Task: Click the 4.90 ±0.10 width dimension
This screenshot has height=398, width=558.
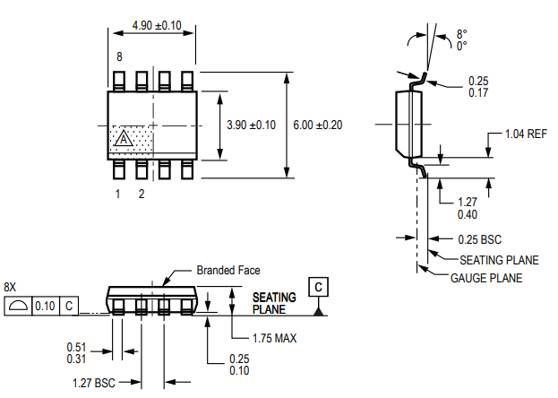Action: pyautogui.click(x=157, y=25)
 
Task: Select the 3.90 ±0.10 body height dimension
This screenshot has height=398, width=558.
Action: pyautogui.click(x=252, y=125)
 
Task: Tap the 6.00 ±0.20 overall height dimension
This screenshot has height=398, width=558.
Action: pyautogui.click(x=319, y=125)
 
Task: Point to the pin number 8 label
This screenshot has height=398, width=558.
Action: pyautogui.click(x=118, y=57)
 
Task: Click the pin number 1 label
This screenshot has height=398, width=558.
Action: pyautogui.click(x=117, y=193)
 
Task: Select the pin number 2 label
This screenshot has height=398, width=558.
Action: pyautogui.click(x=141, y=193)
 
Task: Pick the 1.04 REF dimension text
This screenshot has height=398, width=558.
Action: pyautogui.click(x=526, y=134)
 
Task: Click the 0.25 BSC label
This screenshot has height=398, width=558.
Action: pyautogui.click(x=479, y=239)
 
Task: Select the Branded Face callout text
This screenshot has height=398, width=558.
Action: pyautogui.click(x=228, y=270)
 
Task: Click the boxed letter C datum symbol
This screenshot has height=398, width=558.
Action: pyautogui.click(x=318, y=286)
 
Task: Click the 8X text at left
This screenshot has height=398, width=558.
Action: pyautogui.click(x=11, y=286)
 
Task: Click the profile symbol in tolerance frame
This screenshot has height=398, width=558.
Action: pyautogui.click(x=17, y=307)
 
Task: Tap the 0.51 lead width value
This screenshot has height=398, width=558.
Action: pyautogui.click(x=77, y=347)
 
